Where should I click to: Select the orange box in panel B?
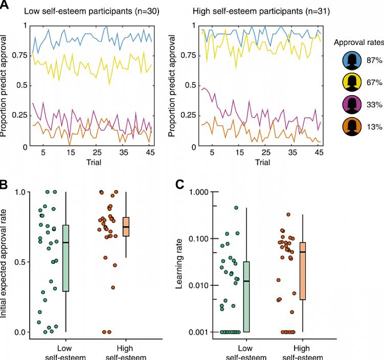point(126,227)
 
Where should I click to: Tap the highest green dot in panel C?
point(236,208)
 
